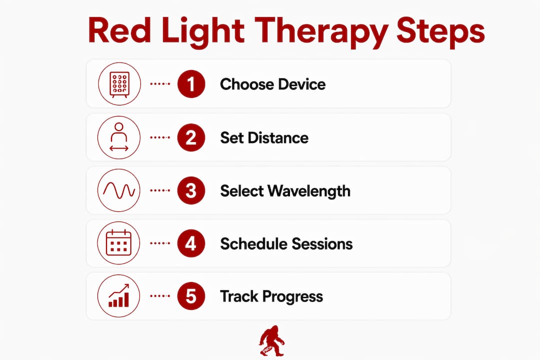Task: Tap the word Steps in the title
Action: (441, 32)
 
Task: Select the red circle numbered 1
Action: (191, 83)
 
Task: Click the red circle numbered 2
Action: (191, 137)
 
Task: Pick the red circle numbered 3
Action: (191, 190)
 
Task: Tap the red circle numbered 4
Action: (191, 243)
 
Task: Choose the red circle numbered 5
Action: (191, 296)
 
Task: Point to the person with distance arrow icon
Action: (119, 137)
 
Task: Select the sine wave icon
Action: (119, 190)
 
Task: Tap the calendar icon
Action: (119, 243)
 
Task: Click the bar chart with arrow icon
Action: (119, 295)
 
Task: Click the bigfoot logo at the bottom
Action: (271, 340)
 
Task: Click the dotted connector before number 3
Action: (160, 190)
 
